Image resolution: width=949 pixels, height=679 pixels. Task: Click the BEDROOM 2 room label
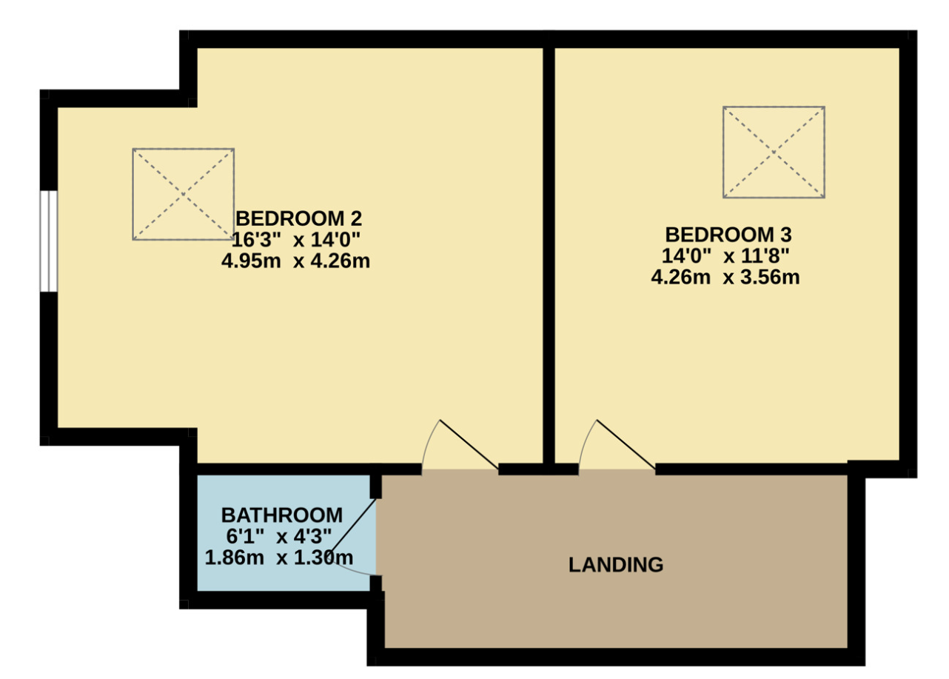(x=298, y=218)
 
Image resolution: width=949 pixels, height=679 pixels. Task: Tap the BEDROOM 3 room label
(x=728, y=235)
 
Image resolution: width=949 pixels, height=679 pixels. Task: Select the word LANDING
(x=616, y=565)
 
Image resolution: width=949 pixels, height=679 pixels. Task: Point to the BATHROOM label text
(x=282, y=515)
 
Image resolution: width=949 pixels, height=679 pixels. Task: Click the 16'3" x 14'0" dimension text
(x=295, y=240)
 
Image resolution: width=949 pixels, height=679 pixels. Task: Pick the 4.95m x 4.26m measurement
(x=295, y=261)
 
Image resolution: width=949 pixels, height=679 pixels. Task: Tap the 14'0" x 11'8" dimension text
(x=725, y=256)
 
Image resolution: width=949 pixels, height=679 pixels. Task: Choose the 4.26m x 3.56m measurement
(x=725, y=277)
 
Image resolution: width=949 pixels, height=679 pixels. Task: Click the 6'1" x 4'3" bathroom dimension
(x=279, y=537)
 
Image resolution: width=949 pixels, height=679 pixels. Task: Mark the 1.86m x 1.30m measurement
(x=279, y=558)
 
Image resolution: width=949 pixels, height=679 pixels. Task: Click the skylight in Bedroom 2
(x=184, y=195)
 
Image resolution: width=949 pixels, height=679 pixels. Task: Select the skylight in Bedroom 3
(x=774, y=152)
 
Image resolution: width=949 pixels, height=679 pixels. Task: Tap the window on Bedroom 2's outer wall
(x=49, y=241)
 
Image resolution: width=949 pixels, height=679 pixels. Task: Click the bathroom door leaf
(x=353, y=526)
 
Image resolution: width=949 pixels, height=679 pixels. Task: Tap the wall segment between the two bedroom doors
(x=538, y=469)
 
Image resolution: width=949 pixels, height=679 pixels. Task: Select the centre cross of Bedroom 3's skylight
(x=774, y=152)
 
